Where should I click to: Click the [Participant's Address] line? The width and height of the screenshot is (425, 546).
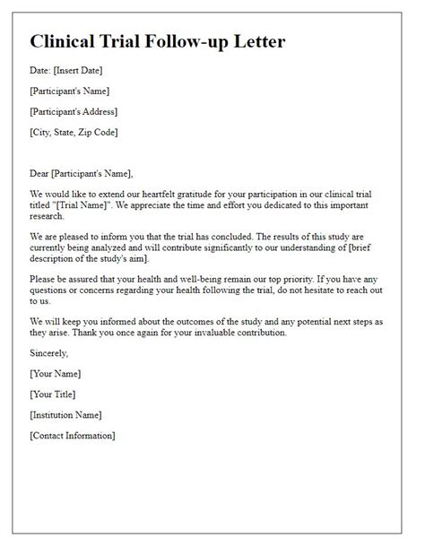tap(74, 112)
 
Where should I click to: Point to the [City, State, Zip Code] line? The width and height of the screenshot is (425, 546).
tap(74, 134)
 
